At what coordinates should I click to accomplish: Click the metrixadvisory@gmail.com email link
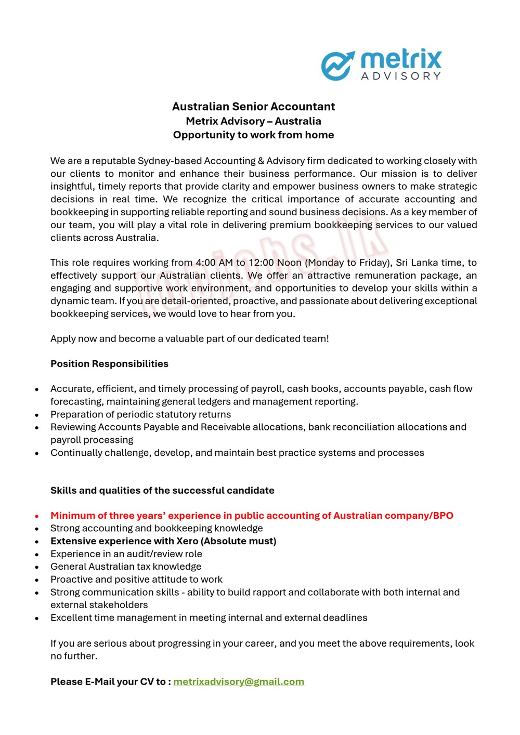[239, 681]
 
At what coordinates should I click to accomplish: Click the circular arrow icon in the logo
[337, 65]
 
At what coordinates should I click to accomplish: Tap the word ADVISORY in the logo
[401, 76]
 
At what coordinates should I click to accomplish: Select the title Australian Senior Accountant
[253, 107]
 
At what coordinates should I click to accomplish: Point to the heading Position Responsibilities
[109, 364]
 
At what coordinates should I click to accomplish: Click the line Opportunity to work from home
[253, 135]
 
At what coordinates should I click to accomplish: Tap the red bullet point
[37, 516]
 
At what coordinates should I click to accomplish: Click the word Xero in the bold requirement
[187, 541]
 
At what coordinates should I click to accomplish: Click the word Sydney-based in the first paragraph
[170, 161]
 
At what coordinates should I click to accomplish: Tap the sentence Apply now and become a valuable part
[190, 338]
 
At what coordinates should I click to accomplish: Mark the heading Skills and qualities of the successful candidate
[162, 490]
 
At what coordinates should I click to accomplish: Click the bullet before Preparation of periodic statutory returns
[37, 415]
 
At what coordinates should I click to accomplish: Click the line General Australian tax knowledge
[126, 567]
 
